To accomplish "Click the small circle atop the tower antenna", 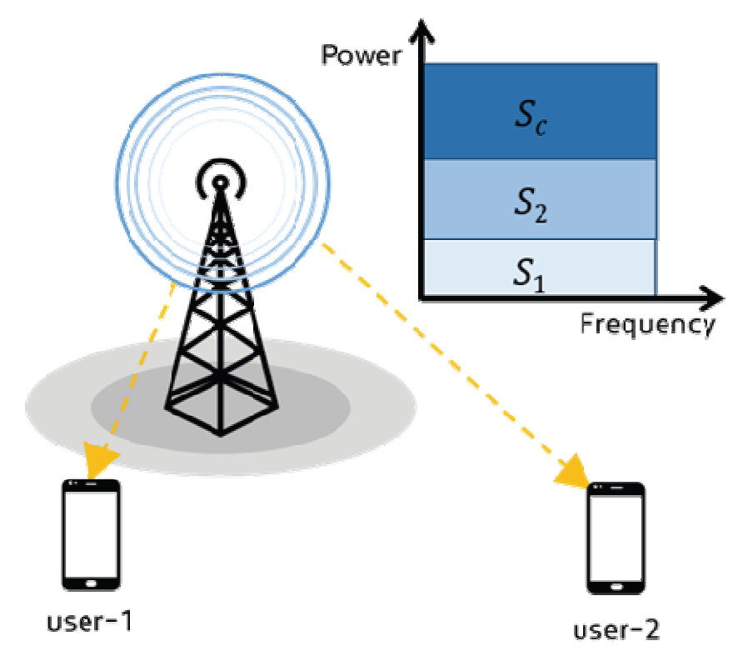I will [x=220, y=181].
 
